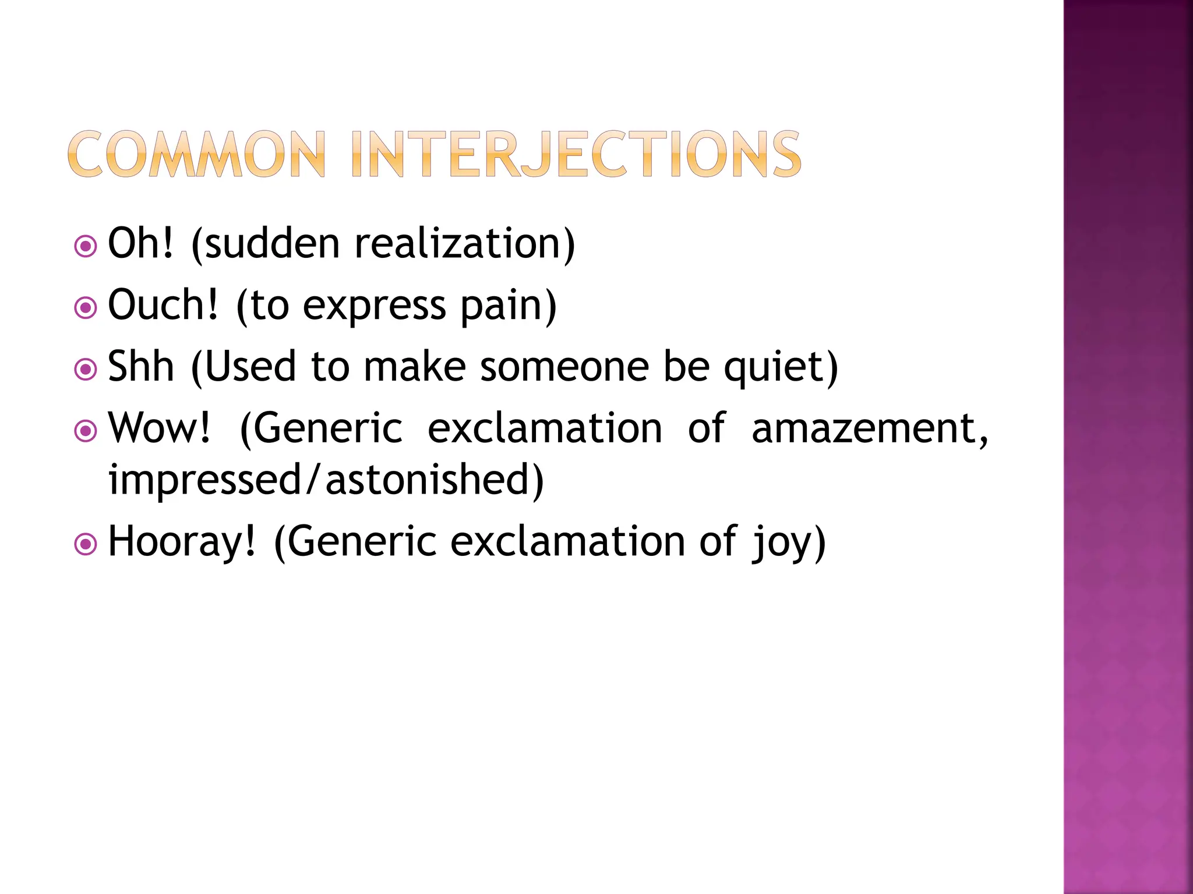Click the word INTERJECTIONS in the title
(x=576, y=154)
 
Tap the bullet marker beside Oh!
(x=86, y=246)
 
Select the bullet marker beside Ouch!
(x=86, y=308)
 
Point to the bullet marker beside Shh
(x=86, y=369)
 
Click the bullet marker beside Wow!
(x=86, y=431)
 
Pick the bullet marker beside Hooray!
(x=86, y=544)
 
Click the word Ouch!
(x=164, y=305)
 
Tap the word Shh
(x=141, y=367)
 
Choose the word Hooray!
(x=182, y=542)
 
